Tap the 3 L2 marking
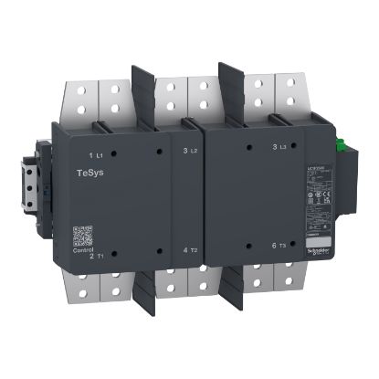click(x=190, y=149)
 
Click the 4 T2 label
click(x=192, y=249)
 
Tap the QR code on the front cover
click(x=83, y=234)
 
